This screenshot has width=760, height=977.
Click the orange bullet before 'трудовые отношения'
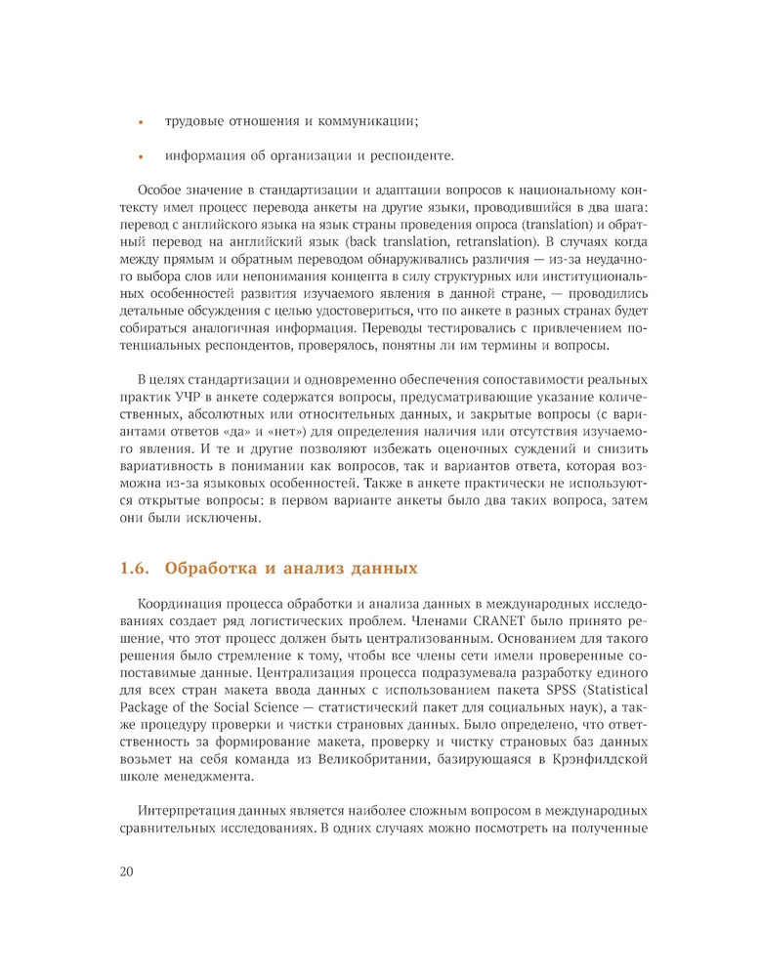click(x=142, y=124)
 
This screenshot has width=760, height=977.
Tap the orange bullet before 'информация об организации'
click(x=142, y=156)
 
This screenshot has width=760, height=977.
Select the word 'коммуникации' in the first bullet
click(x=372, y=121)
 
